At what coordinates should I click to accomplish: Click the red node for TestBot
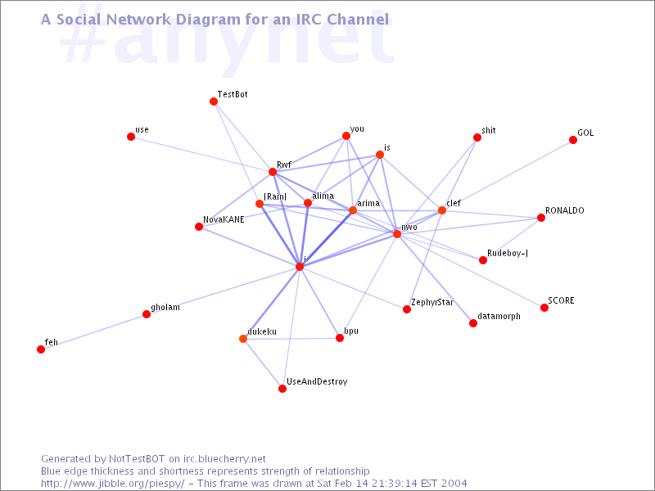[214, 101]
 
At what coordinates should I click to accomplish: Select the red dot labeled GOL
[573, 140]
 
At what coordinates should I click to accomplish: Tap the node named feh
[41, 349]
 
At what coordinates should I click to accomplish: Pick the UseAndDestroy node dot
[282, 389]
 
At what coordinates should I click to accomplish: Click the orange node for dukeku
[243, 339]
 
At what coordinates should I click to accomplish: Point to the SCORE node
[544, 308]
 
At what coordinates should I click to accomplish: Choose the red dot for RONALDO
[541, 218]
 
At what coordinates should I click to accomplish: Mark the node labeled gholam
[147, 314]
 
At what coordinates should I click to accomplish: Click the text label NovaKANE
[224, 219]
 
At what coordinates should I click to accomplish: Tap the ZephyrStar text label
[432, 302]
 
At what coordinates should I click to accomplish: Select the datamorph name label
[499, 316]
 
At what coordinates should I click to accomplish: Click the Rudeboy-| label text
[508, 253]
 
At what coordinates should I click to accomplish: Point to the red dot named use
[131, 137]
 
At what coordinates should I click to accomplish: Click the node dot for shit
[477, 137]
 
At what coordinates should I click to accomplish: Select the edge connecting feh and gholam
[93, 331]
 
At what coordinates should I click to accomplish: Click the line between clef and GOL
[508, 175]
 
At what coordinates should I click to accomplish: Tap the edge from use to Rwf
[201, 154]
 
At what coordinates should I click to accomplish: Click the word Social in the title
[79, 19]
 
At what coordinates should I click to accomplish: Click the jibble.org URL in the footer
[112, 484]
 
